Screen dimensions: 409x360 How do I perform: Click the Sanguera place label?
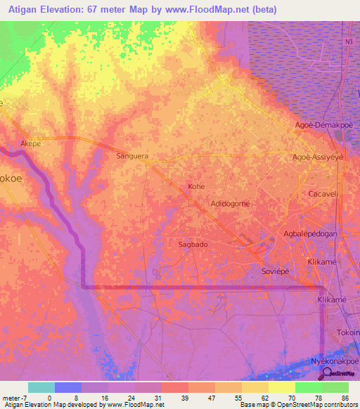pos(134,157)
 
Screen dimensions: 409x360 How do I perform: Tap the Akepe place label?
pos(31,143)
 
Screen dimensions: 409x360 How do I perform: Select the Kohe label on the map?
pos(195,187)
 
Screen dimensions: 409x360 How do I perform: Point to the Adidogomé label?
pos(231,204)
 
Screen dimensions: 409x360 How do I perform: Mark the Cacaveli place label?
pos(324,193)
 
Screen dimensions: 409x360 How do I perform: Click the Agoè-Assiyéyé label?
pos(318,157)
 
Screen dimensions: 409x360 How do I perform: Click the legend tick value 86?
pos(345,397)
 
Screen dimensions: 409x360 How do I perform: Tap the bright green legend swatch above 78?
pos(309,387)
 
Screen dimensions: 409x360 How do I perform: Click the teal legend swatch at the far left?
pos(41,387)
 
